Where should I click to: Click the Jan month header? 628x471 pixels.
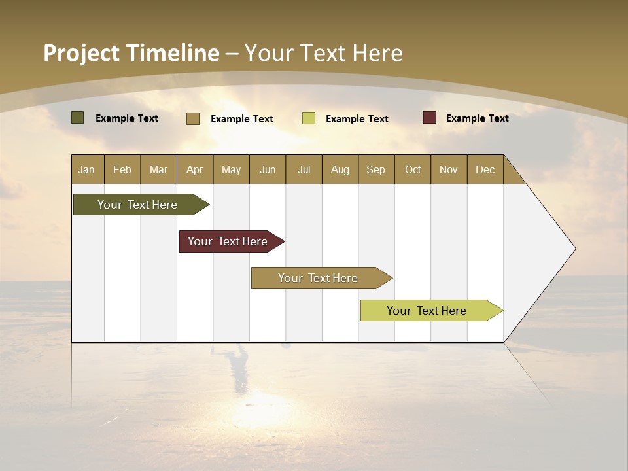click(x=87, y=169)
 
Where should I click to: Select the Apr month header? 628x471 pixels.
click(x=195, y=169)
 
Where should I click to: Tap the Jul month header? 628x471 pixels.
click(x=304, y=169)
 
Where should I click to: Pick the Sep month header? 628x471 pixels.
click(x=376, y=169)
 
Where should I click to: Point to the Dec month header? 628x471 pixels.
click(x=485, y=169)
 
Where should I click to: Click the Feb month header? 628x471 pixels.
click(x=122, y=169)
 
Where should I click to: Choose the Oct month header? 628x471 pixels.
click(x=413, y=169)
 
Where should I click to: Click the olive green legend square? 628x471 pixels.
click(x=78, y=118)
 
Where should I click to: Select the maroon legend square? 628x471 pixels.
click(x=430, y=118)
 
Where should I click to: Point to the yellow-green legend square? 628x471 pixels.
click(x=309, y=118)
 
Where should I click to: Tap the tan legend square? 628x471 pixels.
click(x=193, y=118)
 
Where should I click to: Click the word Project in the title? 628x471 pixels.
click(x=81, y=53)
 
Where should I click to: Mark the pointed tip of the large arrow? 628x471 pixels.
click(x=574, y=249)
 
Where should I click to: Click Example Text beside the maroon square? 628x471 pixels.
click(x=477, y=118)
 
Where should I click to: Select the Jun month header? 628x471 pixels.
click(x=268, y=169)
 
